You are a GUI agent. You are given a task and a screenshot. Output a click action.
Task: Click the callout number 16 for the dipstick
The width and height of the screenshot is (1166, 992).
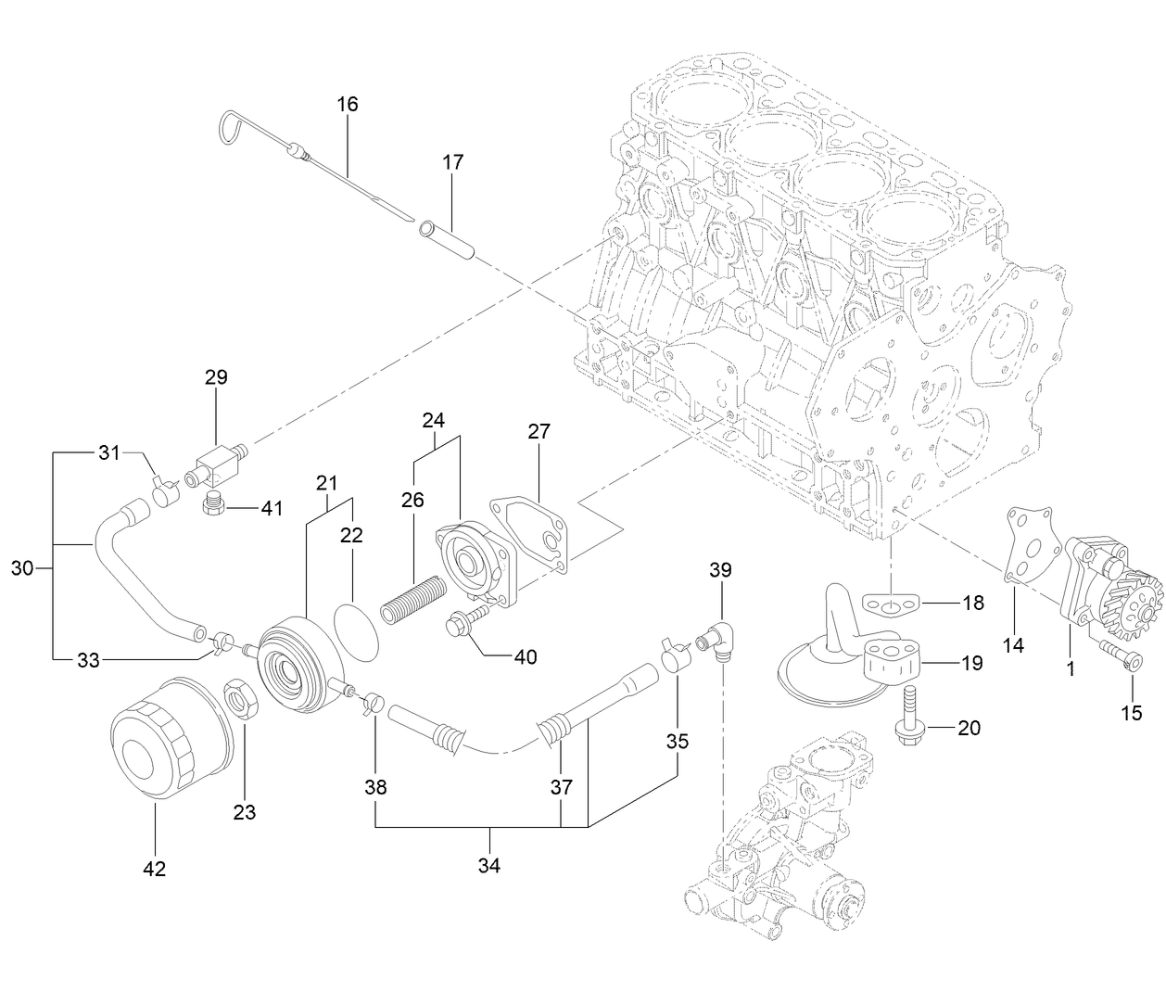pyautogui.click(x=347, y=104)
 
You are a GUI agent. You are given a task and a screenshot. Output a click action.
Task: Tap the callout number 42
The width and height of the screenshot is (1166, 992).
pyautogui.click(x=154, y=869)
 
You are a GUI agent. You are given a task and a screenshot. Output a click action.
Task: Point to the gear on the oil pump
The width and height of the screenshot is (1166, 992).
pyautogui.click(x=1131, y=603)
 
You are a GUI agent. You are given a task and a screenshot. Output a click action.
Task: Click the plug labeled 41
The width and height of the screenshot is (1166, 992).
pyautogui.click(x=214, y=504)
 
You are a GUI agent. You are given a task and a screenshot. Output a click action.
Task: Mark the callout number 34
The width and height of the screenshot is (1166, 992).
pyautogui.click(x=488, y=865)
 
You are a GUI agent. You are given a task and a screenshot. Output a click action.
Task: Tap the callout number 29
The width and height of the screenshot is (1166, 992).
pyautogui.click(x=216, y=377)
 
